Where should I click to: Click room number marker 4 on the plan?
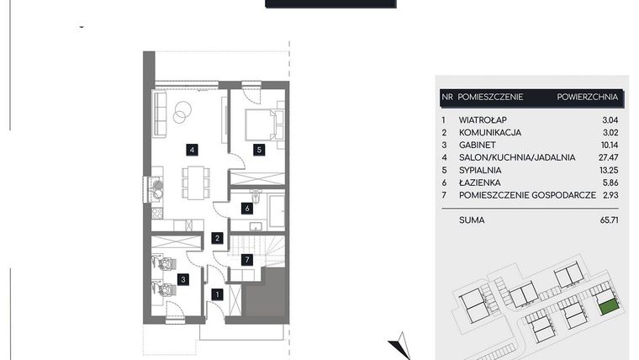pyautogui.click(x=193, y=150)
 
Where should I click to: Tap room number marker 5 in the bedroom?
pyautogui.click(x=260, y=150)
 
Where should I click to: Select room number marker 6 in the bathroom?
pyautogui.click(x=247, y=208)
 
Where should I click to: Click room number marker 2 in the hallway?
pyautogui.click(x=217, y=239)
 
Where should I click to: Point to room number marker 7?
pyautogui.click(x=247, y=259)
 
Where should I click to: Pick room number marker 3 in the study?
pyautogui.click(x=183, y=278)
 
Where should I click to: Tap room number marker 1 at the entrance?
pyautogui.click(x=217, y=294)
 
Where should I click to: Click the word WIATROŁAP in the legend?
pyautogui.click(x=487, y=119)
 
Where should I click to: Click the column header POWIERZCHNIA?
pyautogui.click(x=588, y=98)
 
